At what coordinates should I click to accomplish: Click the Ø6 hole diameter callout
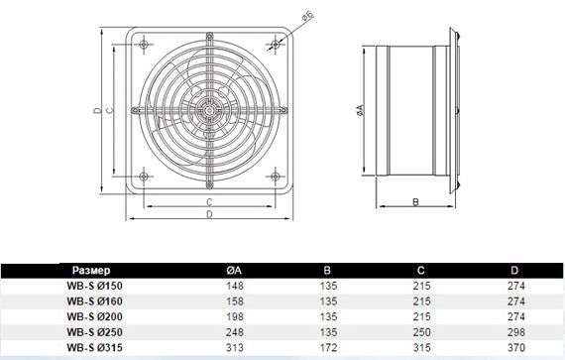[308, 17]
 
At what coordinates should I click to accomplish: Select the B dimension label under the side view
[415, 201]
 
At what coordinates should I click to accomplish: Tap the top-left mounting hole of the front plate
[144, 45]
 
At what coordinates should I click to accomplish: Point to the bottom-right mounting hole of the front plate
[276, 177]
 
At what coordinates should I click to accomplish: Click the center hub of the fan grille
[209, 110]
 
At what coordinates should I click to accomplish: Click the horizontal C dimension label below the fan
[209, 202]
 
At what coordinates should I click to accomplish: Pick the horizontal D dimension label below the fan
[209, 214]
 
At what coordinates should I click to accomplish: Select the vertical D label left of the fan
[98, 110]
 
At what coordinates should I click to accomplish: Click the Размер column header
[91, 271]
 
